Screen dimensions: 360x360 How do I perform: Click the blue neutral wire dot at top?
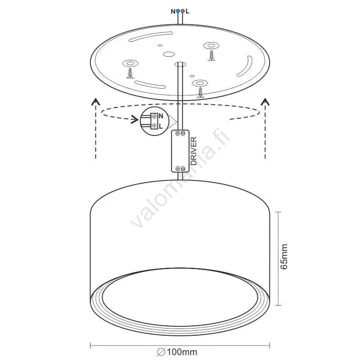pyautogui.click(x=178, y=11)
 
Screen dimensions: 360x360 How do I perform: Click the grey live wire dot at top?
pyautogui.click(x=183, y=11)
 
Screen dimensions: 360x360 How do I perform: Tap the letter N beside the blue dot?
pyautogui.click(x=173, y=12)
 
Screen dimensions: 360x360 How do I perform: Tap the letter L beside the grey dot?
pyautogui.click(x=188, y=12)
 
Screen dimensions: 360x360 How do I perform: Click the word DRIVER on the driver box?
pyautogui.click(x=194, y=151)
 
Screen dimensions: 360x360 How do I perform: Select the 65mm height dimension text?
pyautogui.click(x=284, y=256)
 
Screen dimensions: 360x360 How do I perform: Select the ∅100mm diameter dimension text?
pyautogui.click(x=177, y=352)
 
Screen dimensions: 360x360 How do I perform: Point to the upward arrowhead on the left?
pyautogui.click(x=95, y=102)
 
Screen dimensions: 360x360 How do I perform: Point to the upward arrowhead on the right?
pyautogui.click(x=265, y=102)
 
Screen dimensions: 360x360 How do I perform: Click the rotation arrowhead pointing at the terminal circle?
pyautogui.click(x=135, y=119)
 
